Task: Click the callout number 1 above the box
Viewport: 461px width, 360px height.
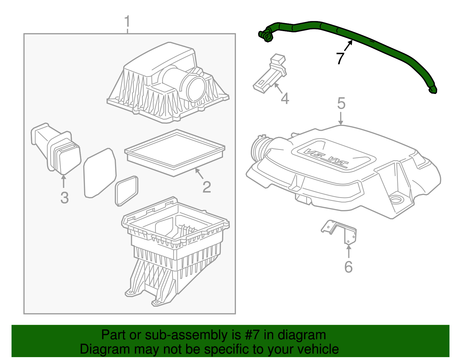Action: pyautogui.click(x=127, y=22)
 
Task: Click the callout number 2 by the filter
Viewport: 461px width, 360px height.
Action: pyautogui.click(x=207, y=187)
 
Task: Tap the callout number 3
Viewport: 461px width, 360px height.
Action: pyautogui.click(x=65, y=198)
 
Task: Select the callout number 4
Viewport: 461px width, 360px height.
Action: pyautogui.click(x=285, y=99)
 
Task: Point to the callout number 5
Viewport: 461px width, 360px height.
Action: pyautogui.click(x=341, y=103)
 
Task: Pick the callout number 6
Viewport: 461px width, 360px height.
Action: pyautogui.click(x=348, y=267)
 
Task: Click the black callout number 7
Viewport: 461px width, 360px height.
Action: pyautogui.click(x=340, y=58)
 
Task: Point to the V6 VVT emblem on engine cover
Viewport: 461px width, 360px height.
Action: pyautogui.click(x=327, y=159)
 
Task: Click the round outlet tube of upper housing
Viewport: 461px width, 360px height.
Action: pyautogui.click(x=196, y=88)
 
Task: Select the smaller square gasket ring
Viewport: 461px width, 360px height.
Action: pyautogui.click(x=126, y=191)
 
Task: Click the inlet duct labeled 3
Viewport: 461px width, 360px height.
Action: pyautogui.click(x=56, y=150)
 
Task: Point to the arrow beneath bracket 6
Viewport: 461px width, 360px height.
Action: pyautogui.click(x=349, y=251)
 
